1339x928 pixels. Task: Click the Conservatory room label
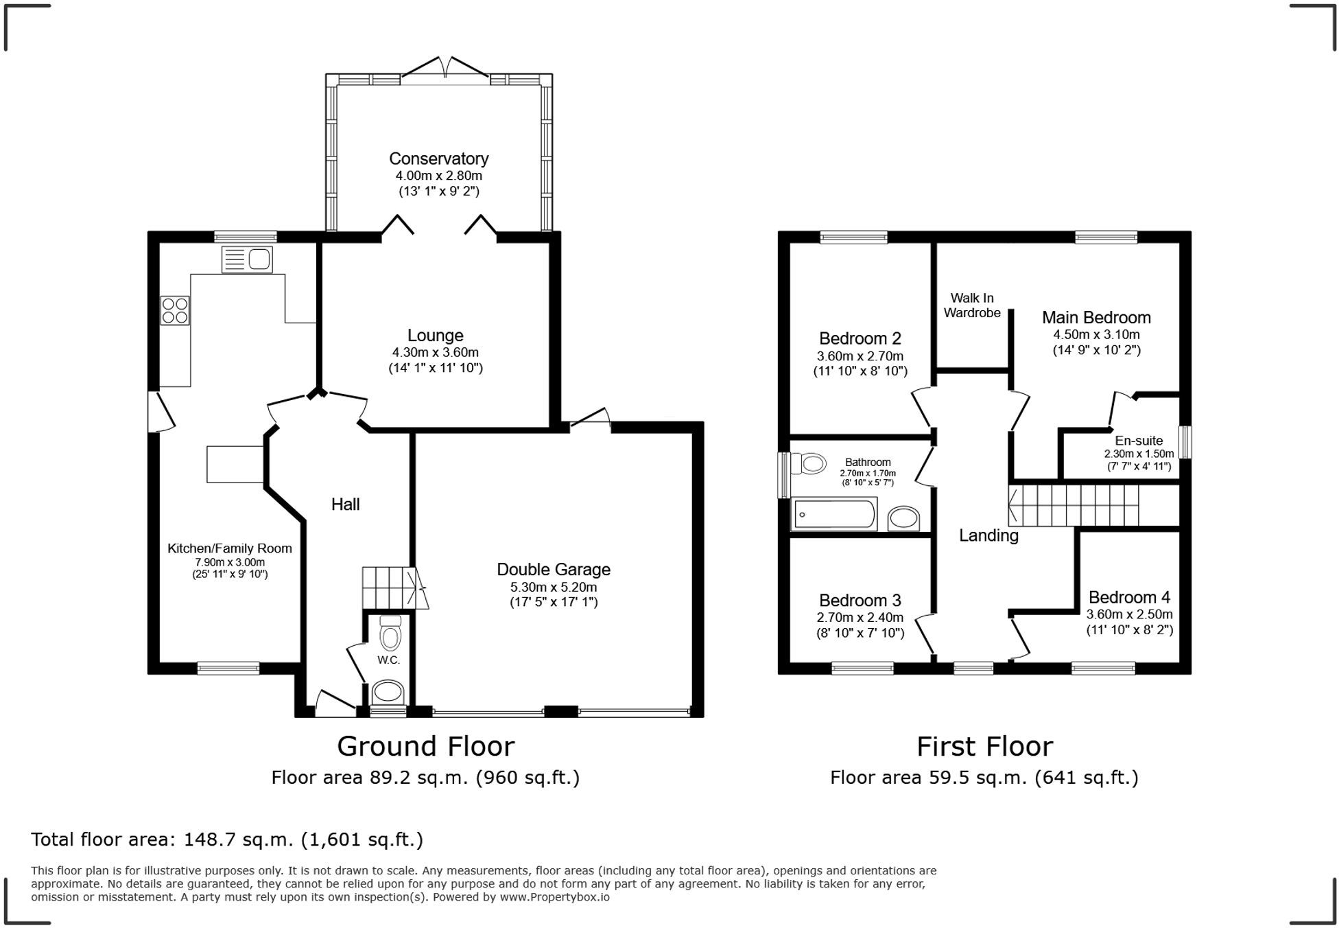[x=438, y=159]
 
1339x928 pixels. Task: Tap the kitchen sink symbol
[x=247, y=259]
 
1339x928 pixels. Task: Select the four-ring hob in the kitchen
[x=175, y=310]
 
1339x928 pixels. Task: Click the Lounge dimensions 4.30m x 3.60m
[x=435, y=353]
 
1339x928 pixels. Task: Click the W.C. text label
[x=388, y=660]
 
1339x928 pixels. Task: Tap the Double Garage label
[x=553, y=570]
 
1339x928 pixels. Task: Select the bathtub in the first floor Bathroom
[x=835, y=515]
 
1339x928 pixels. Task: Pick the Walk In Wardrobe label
[x=972, y=305]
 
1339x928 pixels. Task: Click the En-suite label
[x=1139, y=441]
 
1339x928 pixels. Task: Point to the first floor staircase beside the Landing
[x=1074, y=505]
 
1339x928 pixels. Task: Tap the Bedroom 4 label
[x=1129, y=598]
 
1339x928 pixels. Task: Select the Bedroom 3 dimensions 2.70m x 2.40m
[x=860, y=618]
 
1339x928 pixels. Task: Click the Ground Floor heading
[x=425, y=747]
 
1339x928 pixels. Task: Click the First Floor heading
[x=984, y=747]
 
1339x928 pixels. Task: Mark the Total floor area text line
[x=227, y=839]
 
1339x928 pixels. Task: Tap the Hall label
[x=345, y=504]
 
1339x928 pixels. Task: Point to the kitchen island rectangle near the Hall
[x=235, y=464]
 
